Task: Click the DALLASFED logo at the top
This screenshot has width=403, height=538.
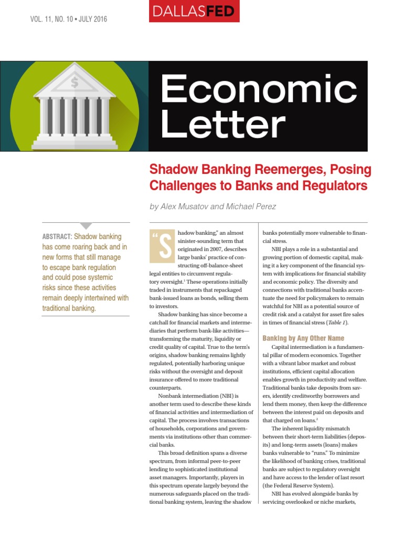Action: pos(201,11)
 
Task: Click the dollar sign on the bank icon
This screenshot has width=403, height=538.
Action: pos(74,82)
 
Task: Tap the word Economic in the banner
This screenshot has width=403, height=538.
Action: pos(258,89)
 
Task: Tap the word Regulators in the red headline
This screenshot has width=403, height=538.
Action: pos(333,185)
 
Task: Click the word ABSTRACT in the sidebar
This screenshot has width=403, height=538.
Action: pos(57,237)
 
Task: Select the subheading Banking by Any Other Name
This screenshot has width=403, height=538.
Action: pos(303,338)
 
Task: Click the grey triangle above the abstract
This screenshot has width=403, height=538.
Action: pos(86,225)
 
